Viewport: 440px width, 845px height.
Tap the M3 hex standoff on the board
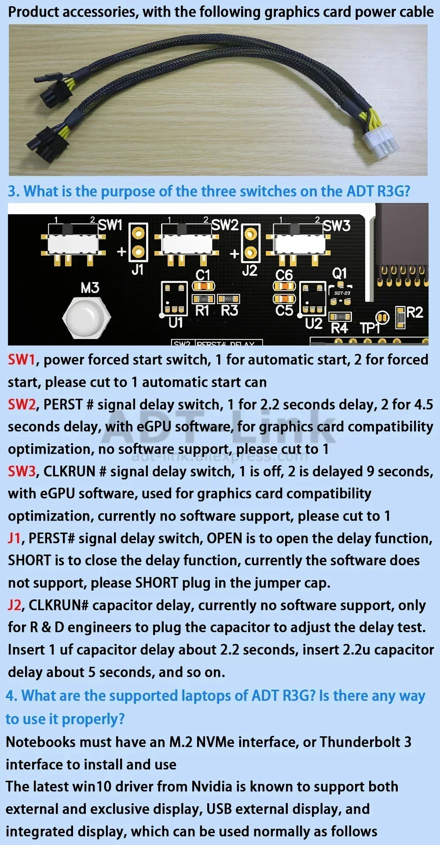(86, 317)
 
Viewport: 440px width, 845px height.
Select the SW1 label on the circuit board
(110, 225)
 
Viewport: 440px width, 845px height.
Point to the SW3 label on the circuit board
(337, 226)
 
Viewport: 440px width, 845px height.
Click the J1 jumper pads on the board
(138, 242)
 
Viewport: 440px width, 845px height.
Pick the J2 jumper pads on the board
(250, 243)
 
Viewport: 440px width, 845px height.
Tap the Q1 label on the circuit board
(339, 273)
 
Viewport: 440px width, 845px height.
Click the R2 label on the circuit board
(414, 312)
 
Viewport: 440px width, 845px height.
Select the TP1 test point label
(370, 328)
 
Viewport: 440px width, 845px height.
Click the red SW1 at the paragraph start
(21, 360)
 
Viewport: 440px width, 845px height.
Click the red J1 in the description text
(14, 538)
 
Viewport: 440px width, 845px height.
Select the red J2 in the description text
(15, 605)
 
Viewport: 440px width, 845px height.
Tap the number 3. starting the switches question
(14, 191)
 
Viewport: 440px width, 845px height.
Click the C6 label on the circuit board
(284, 275)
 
